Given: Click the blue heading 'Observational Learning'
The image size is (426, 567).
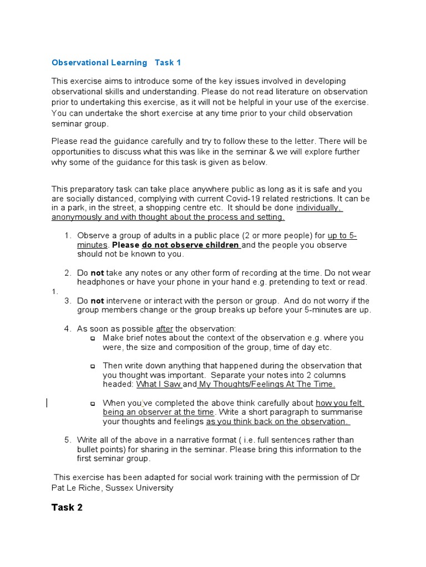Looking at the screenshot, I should pos(99,63).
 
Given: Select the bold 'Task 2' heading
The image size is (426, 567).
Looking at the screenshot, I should pos(67,507).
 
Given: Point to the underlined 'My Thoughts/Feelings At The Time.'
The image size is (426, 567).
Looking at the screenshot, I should pos(267,384).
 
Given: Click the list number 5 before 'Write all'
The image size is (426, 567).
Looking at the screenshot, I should pos(67,440).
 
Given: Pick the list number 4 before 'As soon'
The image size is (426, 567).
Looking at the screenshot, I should pos(67,328).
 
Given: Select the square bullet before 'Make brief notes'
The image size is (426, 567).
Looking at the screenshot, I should pos(93,338).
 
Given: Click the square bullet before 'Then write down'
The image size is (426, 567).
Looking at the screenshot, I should pos(93,366).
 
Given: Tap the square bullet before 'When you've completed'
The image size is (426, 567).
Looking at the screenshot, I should pos(93,404).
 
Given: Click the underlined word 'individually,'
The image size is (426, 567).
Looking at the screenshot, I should pos(319,208).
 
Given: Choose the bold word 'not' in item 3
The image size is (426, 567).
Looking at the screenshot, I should pos(98,301).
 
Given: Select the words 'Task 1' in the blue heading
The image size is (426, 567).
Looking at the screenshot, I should pos(168,63).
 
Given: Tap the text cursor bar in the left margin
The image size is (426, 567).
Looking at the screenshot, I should pos(47,403).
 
